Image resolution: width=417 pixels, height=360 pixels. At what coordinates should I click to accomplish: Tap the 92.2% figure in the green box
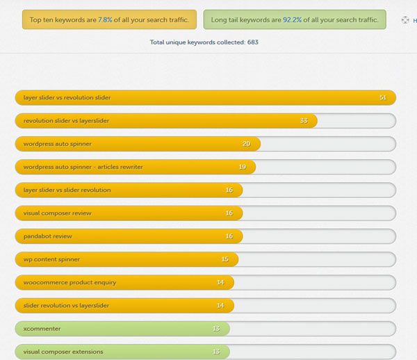[291, 19]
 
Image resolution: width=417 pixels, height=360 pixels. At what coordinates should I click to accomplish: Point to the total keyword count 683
[253, 42]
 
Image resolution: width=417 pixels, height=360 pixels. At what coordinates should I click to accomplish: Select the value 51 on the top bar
[383, 98]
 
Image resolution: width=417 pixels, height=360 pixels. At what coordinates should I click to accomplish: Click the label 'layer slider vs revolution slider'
[67, 98]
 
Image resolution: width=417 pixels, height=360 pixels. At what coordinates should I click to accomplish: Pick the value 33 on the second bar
[304, 121]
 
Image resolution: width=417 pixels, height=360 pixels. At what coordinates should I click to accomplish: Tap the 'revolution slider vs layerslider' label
[66, 121]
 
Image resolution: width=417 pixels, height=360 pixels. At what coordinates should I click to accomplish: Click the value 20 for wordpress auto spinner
[247, 144]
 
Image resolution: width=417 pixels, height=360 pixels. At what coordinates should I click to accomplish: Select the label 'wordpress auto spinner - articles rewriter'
[83, 167]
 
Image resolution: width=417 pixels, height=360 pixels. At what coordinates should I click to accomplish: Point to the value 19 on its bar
[243, 167]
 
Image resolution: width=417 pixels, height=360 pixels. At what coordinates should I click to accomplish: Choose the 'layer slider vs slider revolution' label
[67, 190]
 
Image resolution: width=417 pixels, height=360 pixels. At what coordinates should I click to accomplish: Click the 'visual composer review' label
[57, 213]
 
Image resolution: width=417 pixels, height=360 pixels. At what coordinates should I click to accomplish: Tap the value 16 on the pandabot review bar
[229, 236]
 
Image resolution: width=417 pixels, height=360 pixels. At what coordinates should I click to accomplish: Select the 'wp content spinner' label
[51, 259]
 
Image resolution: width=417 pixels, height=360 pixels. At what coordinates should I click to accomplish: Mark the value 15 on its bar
[225, 259]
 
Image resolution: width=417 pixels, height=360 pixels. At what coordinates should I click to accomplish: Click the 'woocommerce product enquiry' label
[69, 282]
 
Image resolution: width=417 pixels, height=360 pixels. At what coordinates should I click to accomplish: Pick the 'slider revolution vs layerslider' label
[66, 305]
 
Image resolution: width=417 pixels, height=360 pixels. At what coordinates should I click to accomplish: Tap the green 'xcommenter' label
[42, 329]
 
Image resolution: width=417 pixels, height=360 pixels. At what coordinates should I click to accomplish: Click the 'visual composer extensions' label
[63, 352]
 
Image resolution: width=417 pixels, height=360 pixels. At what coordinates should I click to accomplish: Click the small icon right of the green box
[404, 20]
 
